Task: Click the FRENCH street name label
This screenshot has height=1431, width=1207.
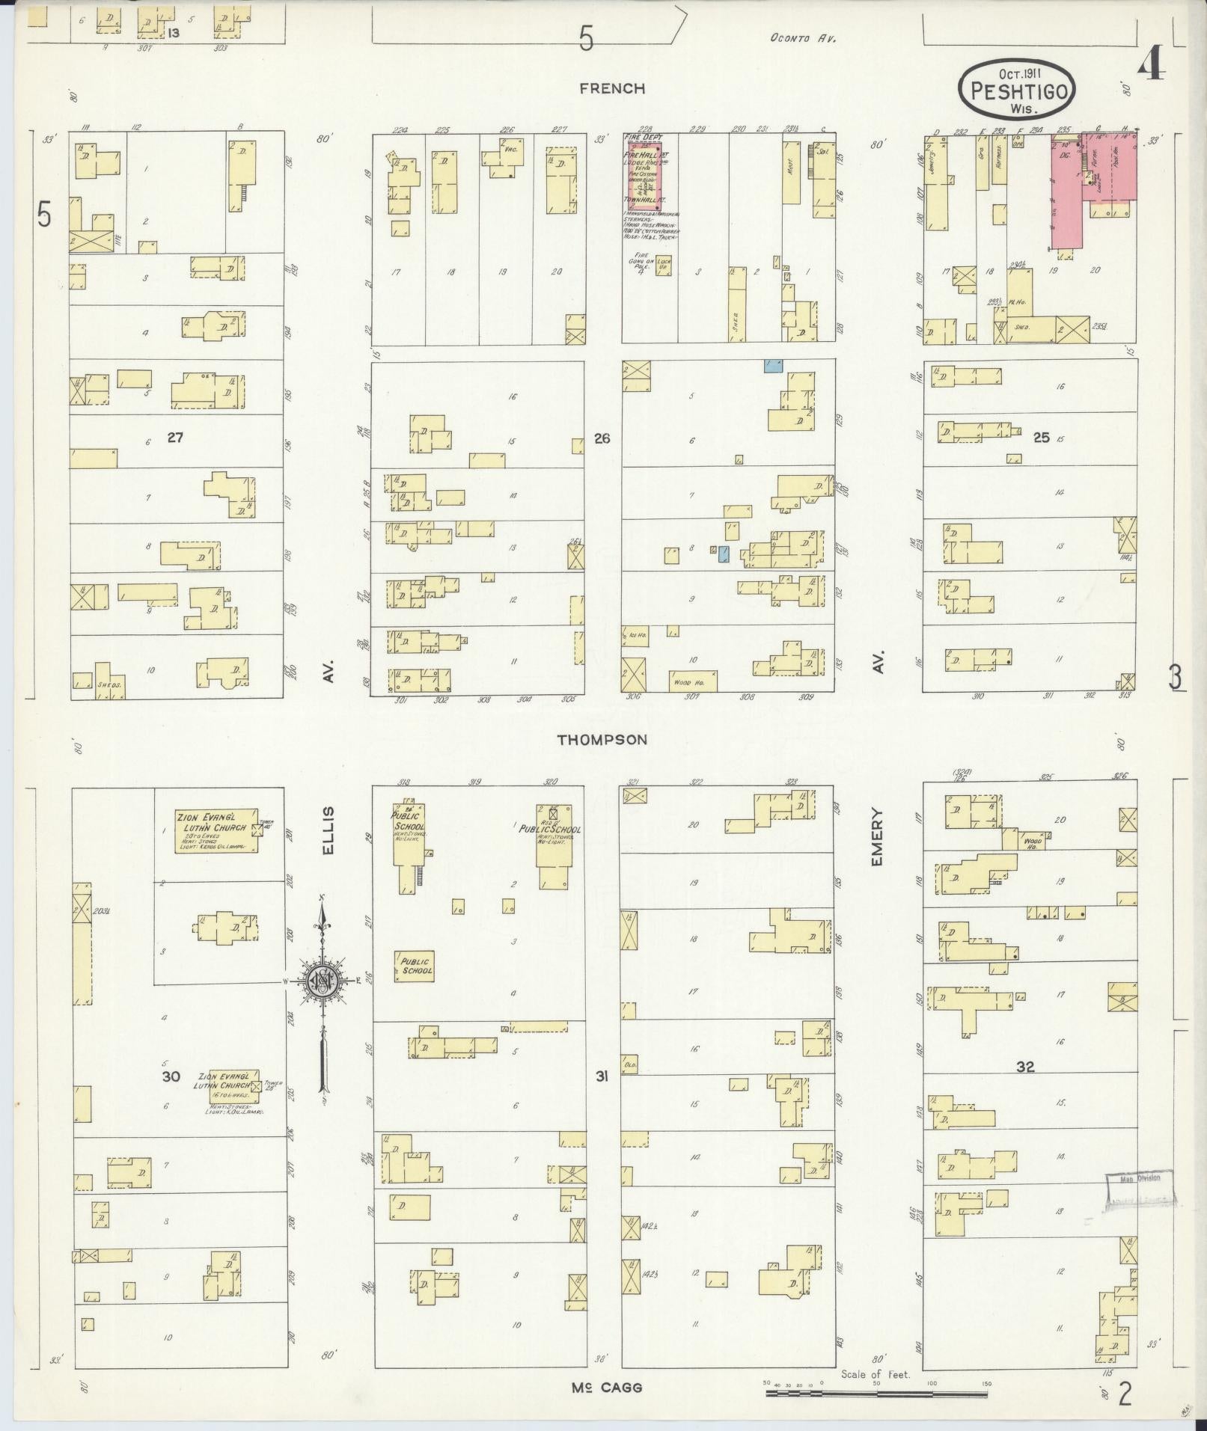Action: click(611, 88)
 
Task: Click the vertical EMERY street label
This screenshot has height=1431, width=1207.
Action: click(877, 838)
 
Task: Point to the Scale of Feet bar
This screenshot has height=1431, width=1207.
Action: click(877, 1394)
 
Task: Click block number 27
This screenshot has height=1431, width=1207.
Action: click(174, 438)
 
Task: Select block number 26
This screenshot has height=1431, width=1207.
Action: click(602, 438)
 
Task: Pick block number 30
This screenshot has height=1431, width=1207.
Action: click(171, 1076)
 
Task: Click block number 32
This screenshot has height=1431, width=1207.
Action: click(1024, 1067)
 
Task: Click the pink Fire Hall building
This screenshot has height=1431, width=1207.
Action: click(644, 172)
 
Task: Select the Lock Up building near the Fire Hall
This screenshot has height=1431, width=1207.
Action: click(664, 266)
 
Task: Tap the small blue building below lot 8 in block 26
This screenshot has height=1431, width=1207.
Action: click(723, 554)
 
